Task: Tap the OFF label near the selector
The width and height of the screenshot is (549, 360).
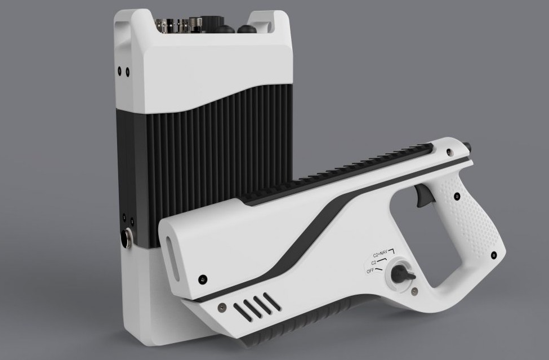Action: coord(370,271)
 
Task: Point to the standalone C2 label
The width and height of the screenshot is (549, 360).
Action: coord(373,263)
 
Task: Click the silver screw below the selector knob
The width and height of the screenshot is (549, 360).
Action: coord(414,291)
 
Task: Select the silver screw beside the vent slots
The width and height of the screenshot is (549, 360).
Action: coord(221,308)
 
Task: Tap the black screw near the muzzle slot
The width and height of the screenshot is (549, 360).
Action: coord(202,279)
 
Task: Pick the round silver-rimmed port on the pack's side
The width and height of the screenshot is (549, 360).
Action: coord(126,238)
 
